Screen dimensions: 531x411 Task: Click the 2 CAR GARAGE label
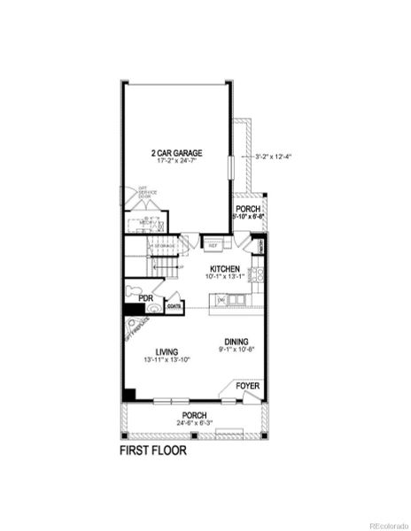click(178, 152)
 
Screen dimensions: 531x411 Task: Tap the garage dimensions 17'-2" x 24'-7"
click(178, 161)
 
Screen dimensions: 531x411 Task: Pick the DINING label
click(236, 342)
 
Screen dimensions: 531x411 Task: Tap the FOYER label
click(246, 386)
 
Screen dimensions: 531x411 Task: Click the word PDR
click(134, 299)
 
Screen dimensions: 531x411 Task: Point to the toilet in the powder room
click(136, 286)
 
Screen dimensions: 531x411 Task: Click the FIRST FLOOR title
click(152, 450)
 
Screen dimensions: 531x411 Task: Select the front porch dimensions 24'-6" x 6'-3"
click(195, 423)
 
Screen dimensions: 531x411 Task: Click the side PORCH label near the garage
click(247, 210)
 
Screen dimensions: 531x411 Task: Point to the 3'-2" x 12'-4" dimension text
click(273, 158)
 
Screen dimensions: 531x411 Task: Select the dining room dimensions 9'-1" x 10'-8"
click(236, 350)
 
